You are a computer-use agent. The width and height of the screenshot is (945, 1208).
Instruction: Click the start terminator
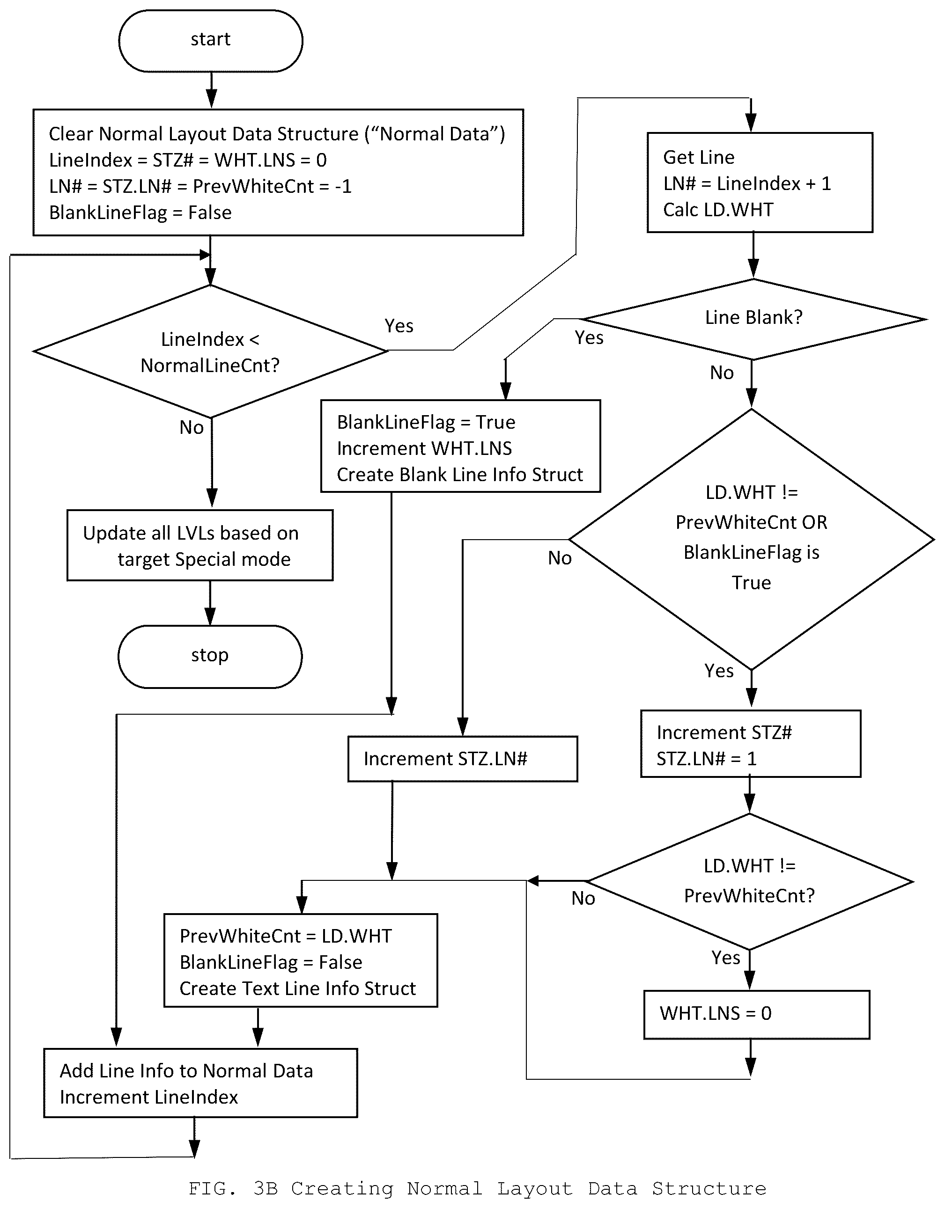(210, 41)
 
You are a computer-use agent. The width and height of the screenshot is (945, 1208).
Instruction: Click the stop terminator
(210, 657)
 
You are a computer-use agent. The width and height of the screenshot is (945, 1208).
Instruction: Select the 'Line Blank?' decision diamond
(753, 319)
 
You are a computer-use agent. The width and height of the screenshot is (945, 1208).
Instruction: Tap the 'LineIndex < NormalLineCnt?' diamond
(210, 351)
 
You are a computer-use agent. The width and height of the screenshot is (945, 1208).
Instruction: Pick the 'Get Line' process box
(760, 183)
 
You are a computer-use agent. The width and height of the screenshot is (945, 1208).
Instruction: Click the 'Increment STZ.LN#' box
(463, 758)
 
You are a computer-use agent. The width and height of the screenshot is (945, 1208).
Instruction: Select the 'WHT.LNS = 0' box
(756, 1014)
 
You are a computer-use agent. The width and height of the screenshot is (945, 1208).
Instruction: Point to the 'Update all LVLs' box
(200, 545)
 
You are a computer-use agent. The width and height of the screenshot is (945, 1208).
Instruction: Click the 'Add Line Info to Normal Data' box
(200, 1083)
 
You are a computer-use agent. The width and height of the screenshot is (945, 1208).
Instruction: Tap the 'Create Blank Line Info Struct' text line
(460, 475)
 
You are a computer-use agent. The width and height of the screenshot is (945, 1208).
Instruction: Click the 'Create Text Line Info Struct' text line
(298, 988)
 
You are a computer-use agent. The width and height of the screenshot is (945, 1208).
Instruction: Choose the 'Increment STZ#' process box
(751, 744)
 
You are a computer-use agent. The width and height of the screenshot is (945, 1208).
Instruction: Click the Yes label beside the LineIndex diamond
(399, 326)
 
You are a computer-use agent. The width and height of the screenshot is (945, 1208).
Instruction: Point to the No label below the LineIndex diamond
(192, 428)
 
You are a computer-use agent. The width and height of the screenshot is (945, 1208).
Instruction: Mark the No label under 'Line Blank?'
(722, 373)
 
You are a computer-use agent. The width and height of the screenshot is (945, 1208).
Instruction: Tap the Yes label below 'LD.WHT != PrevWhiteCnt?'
(726, 958)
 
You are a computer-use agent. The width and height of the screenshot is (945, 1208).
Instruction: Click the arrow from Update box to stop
(210, 603)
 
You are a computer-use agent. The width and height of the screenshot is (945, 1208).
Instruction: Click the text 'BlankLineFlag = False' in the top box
(140, 212)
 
